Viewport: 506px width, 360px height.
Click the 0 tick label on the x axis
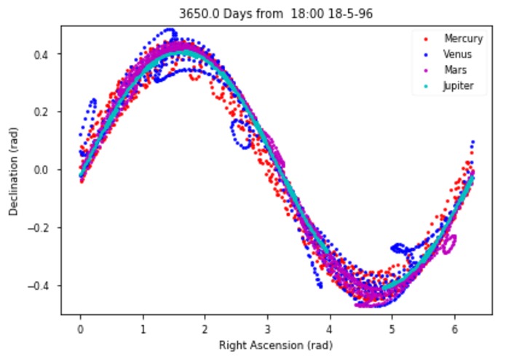80,325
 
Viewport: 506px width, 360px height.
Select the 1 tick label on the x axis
143,325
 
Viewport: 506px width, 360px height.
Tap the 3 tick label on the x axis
268,325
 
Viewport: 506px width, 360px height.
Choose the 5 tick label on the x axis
392,325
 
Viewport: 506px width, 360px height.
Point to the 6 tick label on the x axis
454,325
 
